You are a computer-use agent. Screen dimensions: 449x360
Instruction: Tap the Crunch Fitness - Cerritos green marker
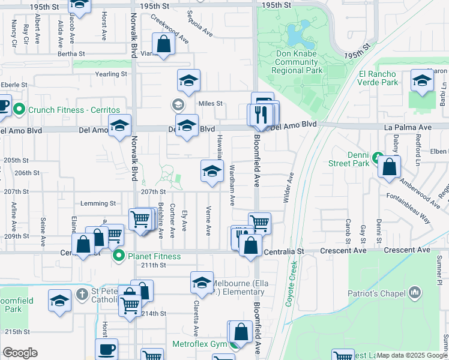pos(19,109)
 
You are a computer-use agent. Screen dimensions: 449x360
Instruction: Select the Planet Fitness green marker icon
pos(118,256)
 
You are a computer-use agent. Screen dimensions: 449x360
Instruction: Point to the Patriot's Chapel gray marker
pos(415,293)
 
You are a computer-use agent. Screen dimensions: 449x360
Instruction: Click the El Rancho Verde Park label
pos(378,78)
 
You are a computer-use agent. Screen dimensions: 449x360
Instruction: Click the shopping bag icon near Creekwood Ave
pos(164,44)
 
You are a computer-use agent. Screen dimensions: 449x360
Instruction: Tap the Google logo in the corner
pos(20,353)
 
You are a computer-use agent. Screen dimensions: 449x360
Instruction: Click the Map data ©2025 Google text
pos(412,355)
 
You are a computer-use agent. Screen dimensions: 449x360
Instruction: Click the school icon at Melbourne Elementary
pos(202,281)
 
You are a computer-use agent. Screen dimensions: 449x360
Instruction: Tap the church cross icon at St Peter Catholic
pos(83,295)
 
